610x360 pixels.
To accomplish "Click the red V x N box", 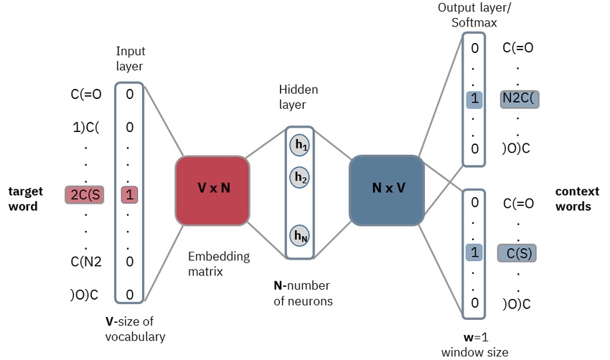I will click(x=212, y=189).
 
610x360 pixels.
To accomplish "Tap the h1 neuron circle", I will click(x=300, y=145).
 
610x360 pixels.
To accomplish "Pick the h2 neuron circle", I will click(x=300, y=177).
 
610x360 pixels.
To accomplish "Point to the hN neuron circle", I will click(x=300, y=235).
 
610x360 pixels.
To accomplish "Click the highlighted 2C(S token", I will click(x=85, y=194).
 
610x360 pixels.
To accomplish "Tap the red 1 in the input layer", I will click(x=129, y=194).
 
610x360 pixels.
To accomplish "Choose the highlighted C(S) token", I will click(x=517, y=253).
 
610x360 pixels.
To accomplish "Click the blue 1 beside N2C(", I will click(x=474, y=100).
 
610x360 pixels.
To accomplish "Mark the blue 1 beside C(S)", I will click(x=474, y=253).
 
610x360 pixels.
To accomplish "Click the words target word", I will click(x=26, y=199).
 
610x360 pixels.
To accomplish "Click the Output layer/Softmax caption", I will click(x=474, y=16).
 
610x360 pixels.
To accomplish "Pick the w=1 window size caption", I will click(x=474, y=344).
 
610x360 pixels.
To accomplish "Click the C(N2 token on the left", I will click(x=86, y=261).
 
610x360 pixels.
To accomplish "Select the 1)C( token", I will click(x=86, y=128).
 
